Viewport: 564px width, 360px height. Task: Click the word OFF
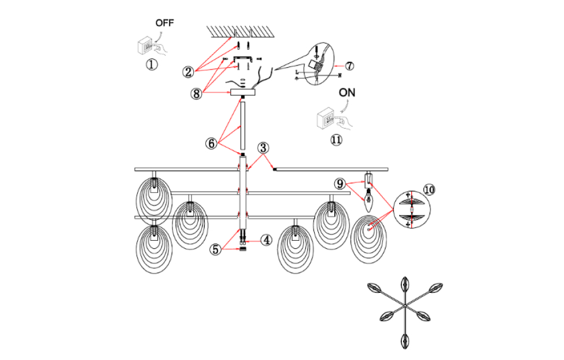coord(164,23)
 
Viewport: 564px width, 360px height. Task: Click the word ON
coord(348,93)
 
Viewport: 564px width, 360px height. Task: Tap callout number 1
coord(151,64)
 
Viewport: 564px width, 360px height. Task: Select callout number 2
coord(188,72)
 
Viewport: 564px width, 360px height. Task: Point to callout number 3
coord(263,148)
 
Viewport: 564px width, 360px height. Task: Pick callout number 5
coord(215,249)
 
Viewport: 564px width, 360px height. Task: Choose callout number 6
coord(211,143)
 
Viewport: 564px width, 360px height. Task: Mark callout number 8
coord(197,93)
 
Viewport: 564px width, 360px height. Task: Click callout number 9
coord(341,184)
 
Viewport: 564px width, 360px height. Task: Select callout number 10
coord(429,190)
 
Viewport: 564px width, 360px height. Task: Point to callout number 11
coord(336,139)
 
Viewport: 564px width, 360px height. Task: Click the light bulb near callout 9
coord(368,200)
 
